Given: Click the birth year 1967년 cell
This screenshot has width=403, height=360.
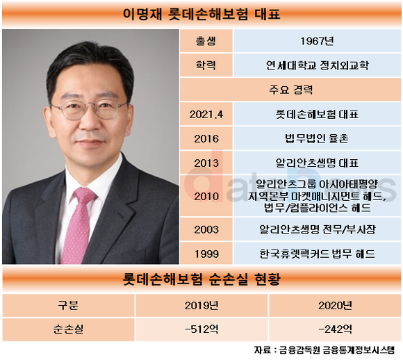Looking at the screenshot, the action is click(317, 41).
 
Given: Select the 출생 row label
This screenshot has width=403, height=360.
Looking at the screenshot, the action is click(206, 41).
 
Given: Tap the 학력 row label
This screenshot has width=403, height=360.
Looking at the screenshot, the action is click(206, 65).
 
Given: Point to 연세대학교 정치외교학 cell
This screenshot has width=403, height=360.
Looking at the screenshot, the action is click(317, 65).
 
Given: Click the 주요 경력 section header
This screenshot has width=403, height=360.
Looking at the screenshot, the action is click(290, 90).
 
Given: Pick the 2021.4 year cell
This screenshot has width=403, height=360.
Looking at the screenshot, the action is click(206, 115).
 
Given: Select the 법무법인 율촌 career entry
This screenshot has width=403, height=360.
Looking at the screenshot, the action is click(317, 138).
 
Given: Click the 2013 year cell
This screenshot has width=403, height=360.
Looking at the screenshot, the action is click(206, 163).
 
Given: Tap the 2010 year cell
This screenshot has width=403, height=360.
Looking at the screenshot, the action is click(206, 197).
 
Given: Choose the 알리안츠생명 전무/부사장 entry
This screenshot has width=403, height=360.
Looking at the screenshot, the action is click(317, 229).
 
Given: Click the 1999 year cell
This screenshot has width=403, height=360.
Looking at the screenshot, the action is click(206, 254).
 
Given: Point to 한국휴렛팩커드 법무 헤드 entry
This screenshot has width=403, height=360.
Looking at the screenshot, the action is click(317, 254).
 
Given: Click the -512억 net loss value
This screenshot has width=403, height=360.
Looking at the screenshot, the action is click(201, 329).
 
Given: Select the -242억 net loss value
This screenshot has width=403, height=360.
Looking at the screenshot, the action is click(335, 329).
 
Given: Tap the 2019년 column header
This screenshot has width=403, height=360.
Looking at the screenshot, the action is click(201, 305).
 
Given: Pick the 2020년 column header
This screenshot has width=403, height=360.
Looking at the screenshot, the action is click(335, 305).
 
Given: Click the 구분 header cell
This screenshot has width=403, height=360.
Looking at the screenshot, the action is click(68, 305).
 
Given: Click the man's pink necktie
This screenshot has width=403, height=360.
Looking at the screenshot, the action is click(78, 224).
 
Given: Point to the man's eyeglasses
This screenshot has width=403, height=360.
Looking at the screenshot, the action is click(89, 109).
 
